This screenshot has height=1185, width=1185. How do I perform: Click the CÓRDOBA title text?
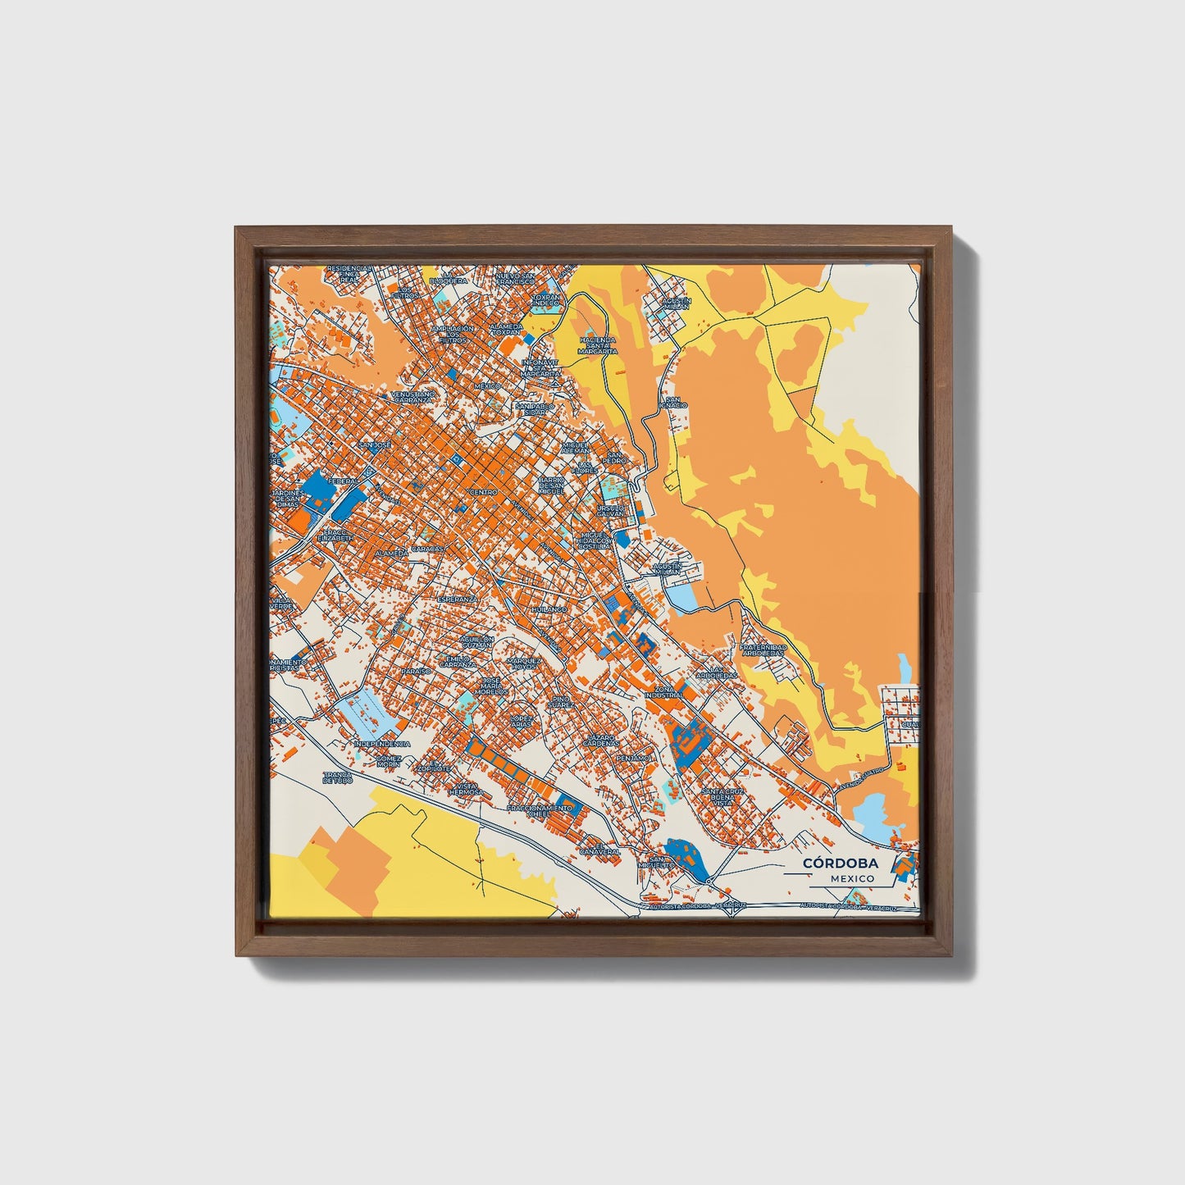coord(841,863)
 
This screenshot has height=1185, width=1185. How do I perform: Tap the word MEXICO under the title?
coord(850,878)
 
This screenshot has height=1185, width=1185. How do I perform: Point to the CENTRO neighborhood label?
coord(483,492)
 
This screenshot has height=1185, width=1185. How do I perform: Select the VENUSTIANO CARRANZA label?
coord(414,397)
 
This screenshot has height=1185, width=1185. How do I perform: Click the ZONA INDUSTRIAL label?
coord(663,692)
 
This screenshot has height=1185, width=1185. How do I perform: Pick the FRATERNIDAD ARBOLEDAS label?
coord(763,650)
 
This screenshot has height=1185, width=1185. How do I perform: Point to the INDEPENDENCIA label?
coord(381,744)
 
